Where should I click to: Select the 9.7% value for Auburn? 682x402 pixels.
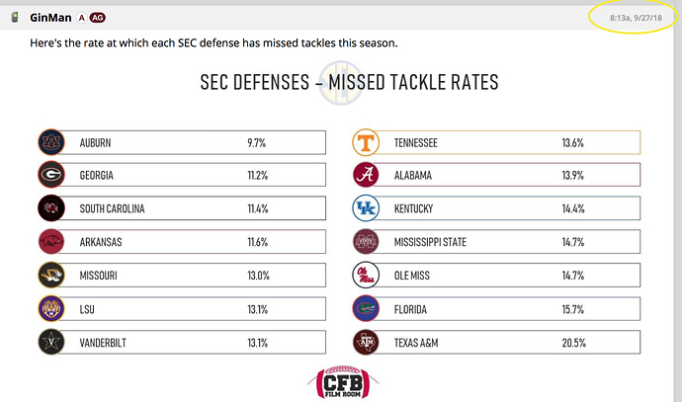tap(257, 143)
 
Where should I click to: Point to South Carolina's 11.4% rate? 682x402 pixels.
tap(257, 209)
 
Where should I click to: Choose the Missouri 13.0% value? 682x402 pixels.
tap(258, 277)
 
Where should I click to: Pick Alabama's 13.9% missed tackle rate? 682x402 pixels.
tap(573, 176)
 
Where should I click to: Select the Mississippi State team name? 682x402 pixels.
tap(430, 242)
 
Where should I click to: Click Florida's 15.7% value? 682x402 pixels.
tap(573, 309)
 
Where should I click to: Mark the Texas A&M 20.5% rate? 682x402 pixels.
tap(573, 343)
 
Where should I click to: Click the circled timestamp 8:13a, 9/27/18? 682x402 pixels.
tap(629, 18)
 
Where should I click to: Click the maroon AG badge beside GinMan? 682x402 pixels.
tap(98, 18)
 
